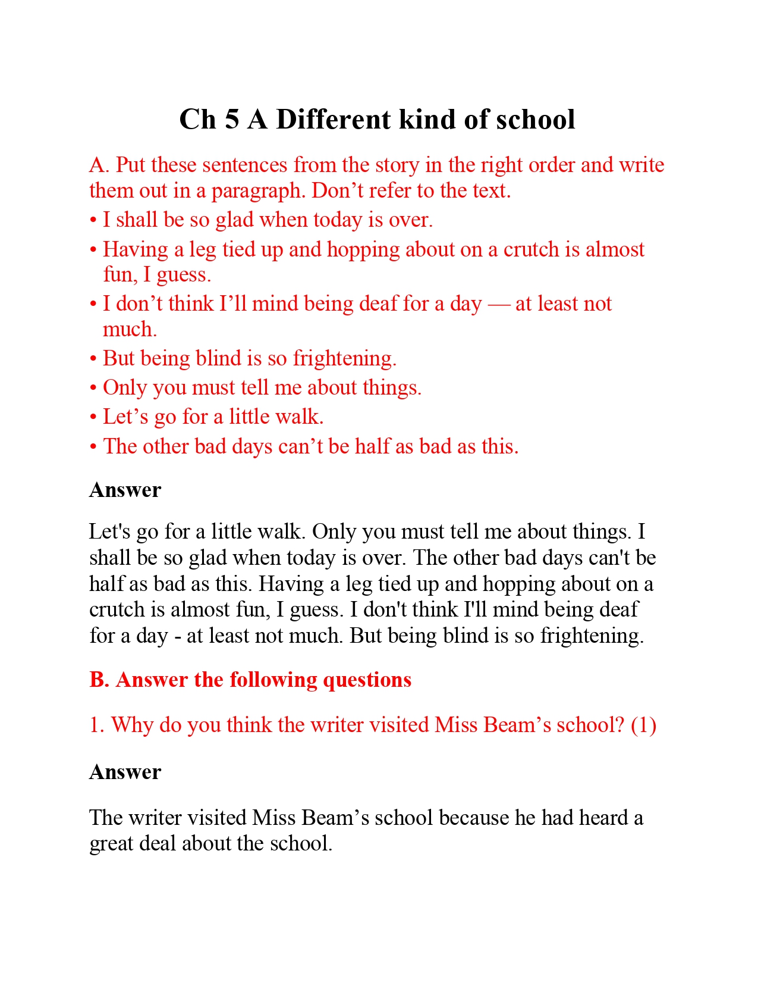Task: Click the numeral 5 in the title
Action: point(232,120)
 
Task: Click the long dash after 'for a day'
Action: point(498,304)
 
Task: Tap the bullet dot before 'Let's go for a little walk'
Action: point(93,417)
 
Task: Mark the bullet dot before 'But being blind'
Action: point(93,359)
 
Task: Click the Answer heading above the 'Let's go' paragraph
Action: point(125,490)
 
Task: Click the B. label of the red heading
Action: point(99,680)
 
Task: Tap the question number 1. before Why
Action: point(97,725)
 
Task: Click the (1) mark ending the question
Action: point(643,725)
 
